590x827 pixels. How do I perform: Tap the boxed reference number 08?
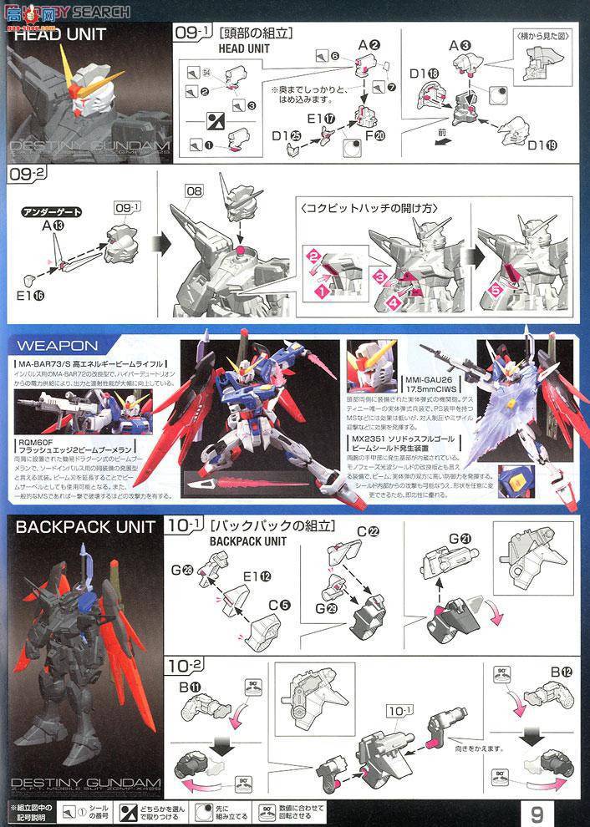pos(194,191)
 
